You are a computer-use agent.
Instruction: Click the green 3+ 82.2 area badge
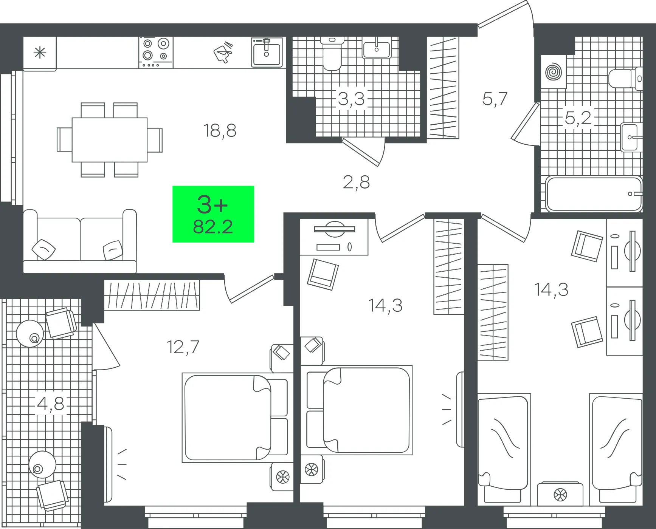[213, 214]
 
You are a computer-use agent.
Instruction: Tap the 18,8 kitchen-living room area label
[220, 131]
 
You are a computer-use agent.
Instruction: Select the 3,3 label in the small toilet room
[351, 99]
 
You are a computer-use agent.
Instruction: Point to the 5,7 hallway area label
[495, 99]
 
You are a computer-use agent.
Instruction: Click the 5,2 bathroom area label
[578, 118]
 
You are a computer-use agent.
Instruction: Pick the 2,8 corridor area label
[356, 182]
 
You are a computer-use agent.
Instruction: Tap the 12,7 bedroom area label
[183, 347]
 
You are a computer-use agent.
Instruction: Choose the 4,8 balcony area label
[51, 404]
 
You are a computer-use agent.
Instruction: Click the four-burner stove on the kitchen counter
[156, 53]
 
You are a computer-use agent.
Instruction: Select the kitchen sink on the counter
[267, 52]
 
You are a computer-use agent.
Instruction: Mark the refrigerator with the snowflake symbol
[40, 53]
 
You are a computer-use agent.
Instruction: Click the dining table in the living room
[110, 140]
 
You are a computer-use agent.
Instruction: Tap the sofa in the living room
[80, 241]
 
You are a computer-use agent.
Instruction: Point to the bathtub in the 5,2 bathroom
[594, 194]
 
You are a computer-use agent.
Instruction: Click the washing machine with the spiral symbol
[554, 72]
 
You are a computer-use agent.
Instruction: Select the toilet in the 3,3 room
[332, 54]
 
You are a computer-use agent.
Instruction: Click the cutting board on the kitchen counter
[223, 52]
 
